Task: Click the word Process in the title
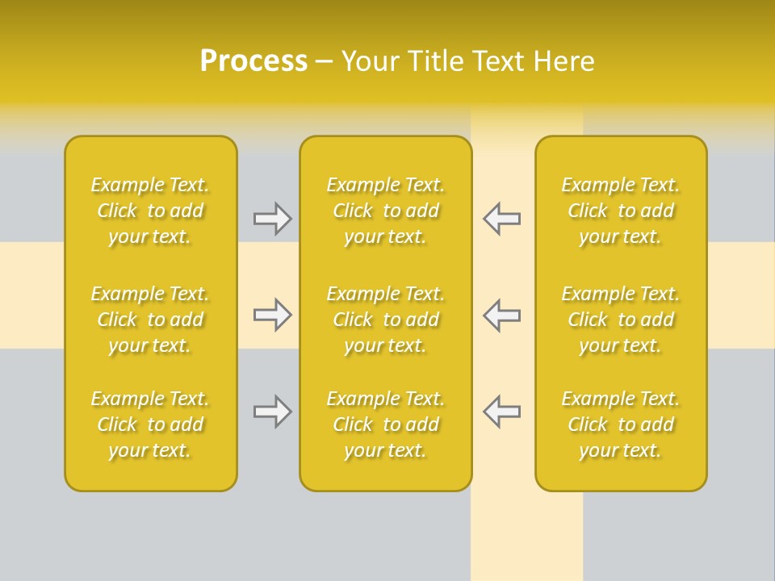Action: pos(253,61)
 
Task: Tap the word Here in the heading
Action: pos(564,61)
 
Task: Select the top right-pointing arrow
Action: pos(272,219)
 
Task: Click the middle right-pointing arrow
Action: pos(272,315)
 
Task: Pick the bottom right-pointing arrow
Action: pos(272,412)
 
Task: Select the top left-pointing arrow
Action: pos(501,219)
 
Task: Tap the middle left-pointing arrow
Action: pos(501,315)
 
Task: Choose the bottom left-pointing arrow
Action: pos(501,411)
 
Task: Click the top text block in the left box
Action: pos(150,211)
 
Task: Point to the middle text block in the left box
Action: pos(150,320)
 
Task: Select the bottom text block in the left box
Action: pos(150,424)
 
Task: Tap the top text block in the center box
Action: pos(385,211)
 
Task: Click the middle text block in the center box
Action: pos(385,320)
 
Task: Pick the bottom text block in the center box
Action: pos(385,424)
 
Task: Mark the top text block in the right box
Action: pos(621,211)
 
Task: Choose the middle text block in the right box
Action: pos(621,320)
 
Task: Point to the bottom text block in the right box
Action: pos(621,424)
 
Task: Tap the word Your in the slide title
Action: pos(369,61)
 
